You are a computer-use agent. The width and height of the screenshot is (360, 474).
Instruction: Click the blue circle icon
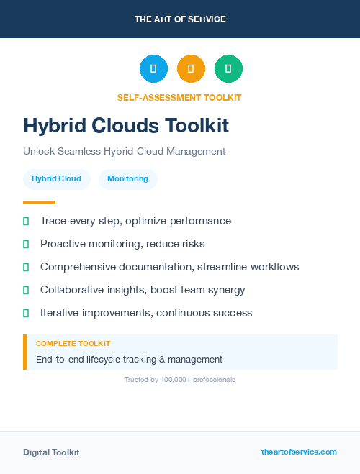[x=153, y=69]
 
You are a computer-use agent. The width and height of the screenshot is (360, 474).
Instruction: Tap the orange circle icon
[x=191, y=69]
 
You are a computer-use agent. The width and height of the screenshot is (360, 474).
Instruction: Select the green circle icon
[x=228, y=69]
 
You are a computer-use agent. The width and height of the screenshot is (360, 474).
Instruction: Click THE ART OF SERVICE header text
[x=180, y=19]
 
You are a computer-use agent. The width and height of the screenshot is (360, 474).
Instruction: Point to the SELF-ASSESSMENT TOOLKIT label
[x=179, y=97]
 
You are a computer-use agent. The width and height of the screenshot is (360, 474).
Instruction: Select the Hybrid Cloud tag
[x=56, y=178]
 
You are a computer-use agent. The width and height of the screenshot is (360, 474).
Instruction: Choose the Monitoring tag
[x=127, y=178]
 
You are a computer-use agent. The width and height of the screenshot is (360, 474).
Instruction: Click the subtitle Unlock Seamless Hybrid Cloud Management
[x=125, y=151]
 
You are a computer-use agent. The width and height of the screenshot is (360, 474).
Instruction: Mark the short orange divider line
[x=39, y=202]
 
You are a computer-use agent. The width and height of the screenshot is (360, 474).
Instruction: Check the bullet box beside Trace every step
[x=26, y=221]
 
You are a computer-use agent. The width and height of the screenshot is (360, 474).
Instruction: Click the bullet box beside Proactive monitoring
[x=26, y=244]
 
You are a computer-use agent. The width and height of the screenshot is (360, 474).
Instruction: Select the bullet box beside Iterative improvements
[x=26, y=313]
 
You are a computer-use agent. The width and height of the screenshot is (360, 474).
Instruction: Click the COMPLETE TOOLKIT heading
[x=73, y=344]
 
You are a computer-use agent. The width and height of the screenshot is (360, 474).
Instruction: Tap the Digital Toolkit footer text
[x=51, y=452]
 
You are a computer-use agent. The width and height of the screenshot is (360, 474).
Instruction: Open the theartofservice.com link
[x=299, y=452]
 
